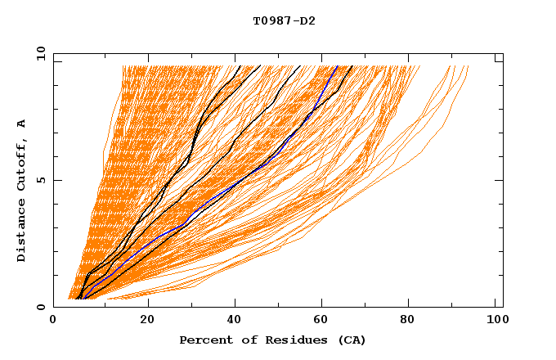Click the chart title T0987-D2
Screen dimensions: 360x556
[284, 21]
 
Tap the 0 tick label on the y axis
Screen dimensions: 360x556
[40, 307]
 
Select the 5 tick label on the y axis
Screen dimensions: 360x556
[40, 180]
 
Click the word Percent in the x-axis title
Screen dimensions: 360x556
[203, 340]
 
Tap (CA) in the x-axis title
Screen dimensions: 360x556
[352, 340]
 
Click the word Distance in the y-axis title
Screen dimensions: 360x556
[22, 232]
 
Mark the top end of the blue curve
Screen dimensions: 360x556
[337, 65]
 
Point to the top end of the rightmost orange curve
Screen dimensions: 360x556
[469, 65]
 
